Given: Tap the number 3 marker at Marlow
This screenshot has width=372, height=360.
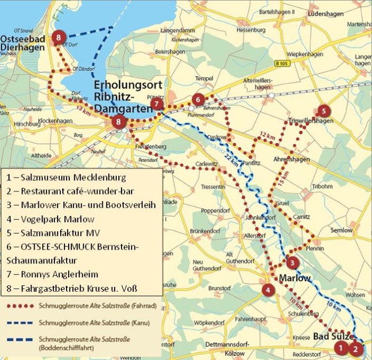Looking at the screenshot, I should click(x=292, y=262).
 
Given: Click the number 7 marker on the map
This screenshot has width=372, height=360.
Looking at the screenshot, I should click(x=156, y=103).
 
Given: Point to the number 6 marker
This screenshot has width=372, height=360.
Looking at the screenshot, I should click(x=198, y=99).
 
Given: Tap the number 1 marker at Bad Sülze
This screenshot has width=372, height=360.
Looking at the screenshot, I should click(x=340, y=348).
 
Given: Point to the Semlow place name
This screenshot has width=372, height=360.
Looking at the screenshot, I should click(x=341, y=230).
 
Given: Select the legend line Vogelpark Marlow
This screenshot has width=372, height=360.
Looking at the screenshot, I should click(x=52, y=219).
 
